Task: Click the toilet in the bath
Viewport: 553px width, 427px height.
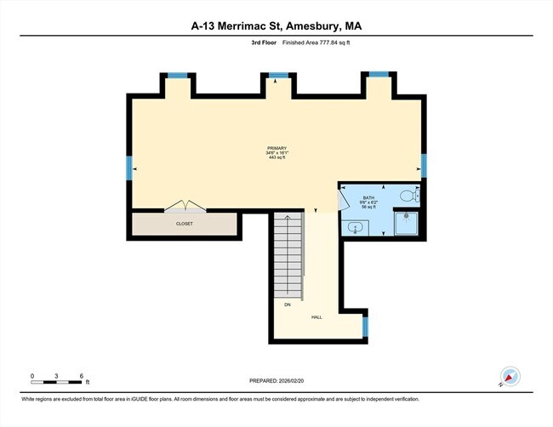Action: click(x=408, y=196)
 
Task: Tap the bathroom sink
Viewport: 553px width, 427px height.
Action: click(x=355, y=227)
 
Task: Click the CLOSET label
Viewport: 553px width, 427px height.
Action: click(x=185, y=224)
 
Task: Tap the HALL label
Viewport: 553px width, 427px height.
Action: click(x=316, y=317)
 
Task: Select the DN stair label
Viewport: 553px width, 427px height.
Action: click(x=287, y=304)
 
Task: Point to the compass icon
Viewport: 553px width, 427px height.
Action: click(x=510, y=376)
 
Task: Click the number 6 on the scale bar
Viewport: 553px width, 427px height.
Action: click(x=81, y=375)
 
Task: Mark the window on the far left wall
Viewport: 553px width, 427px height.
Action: click(x=129, y=168)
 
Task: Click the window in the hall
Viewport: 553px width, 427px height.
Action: click(x=365, y=326)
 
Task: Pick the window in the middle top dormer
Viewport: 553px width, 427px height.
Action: click(x=276, y=76)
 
